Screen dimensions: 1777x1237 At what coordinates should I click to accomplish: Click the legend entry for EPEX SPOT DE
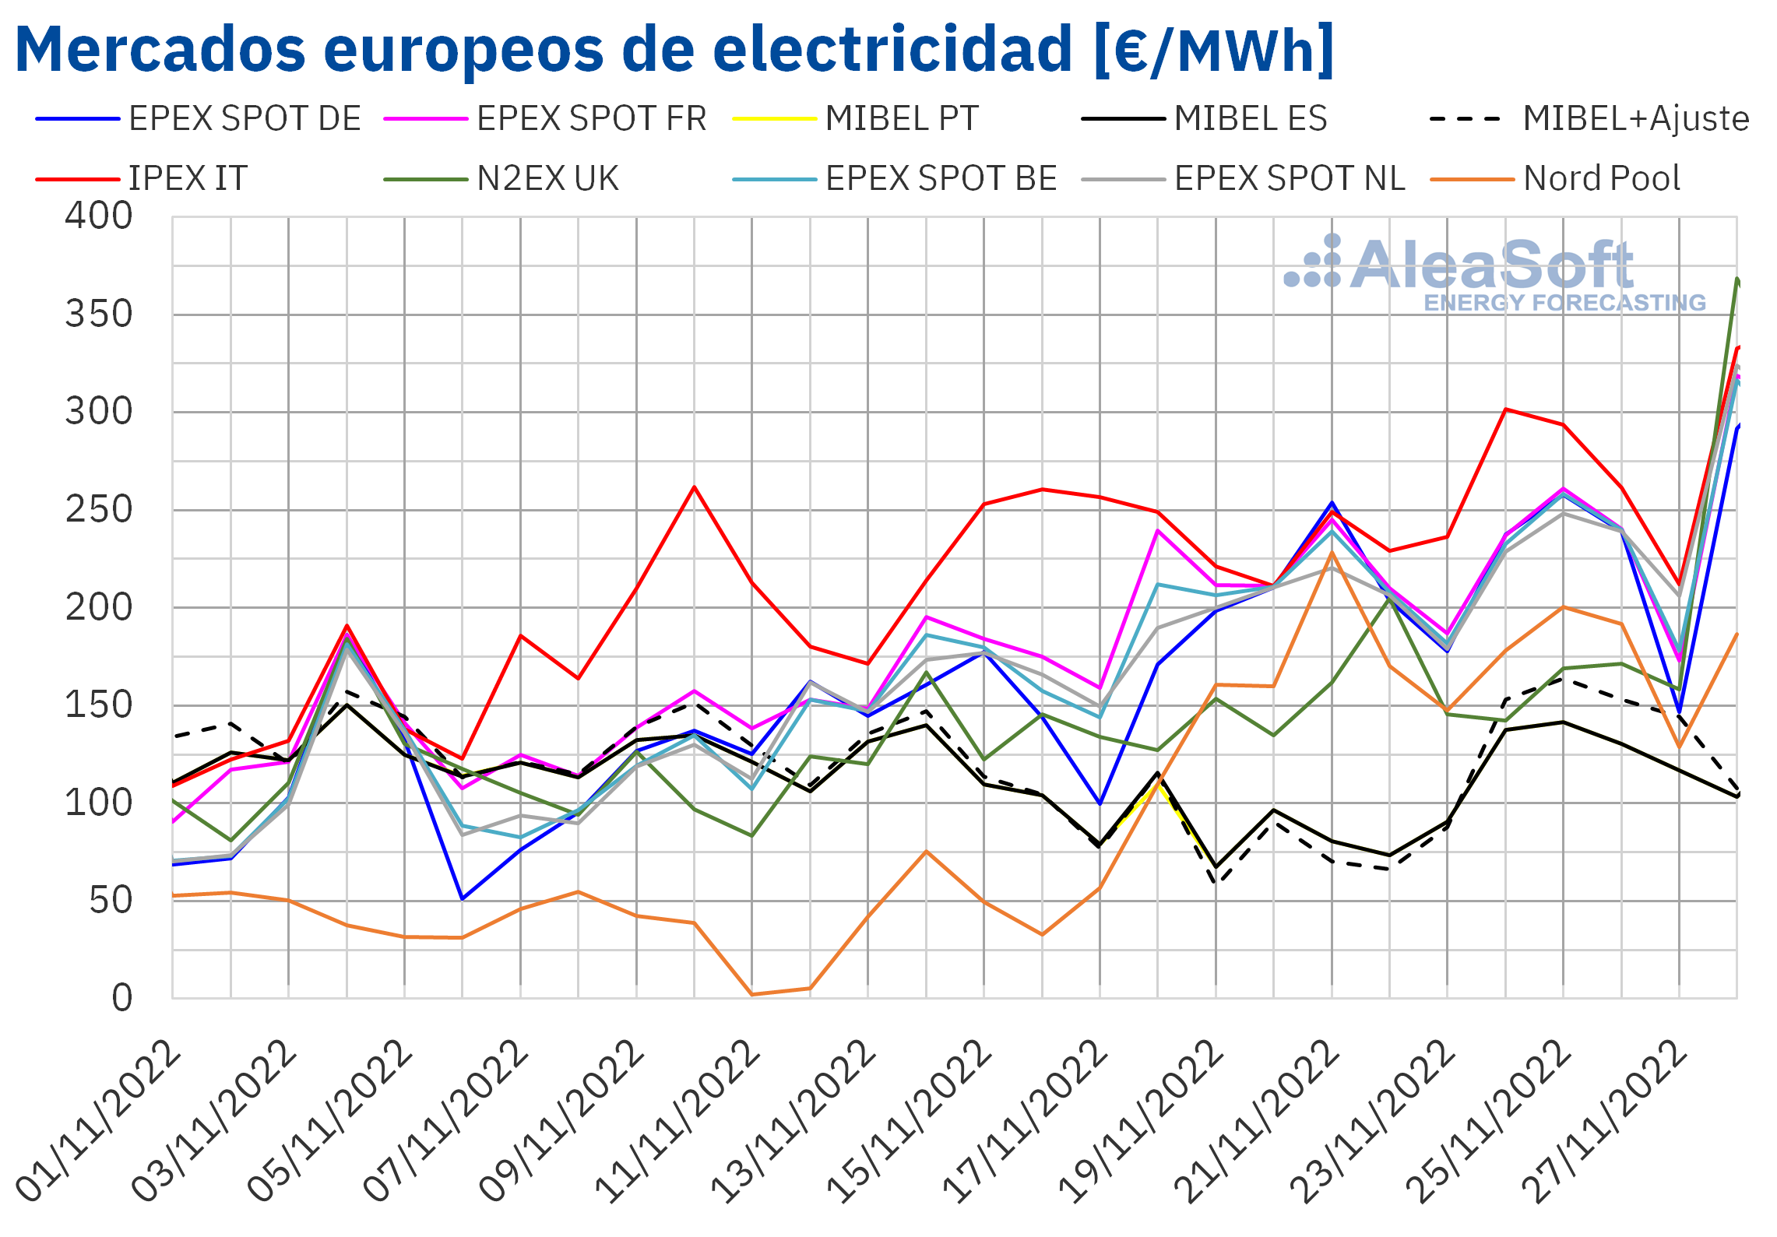[x=199, y=119]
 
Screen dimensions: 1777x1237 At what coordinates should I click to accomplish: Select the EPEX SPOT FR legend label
[x=545, y=119]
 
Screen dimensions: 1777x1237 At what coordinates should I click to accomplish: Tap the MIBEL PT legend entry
[x=856, y=119]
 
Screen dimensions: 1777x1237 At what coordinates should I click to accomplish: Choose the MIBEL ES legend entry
[x=1205, y=119]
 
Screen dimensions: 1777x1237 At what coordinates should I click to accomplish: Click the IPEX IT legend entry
[x=142, y=179]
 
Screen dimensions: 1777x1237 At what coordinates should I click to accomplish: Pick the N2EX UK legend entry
[x=501, y=179]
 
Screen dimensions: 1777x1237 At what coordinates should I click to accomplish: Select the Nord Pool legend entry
[x=1555, y=179]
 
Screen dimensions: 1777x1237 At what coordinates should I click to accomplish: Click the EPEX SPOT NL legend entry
[x=1244, y=179]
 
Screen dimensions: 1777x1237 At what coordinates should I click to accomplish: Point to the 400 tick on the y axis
[x=99, y=216]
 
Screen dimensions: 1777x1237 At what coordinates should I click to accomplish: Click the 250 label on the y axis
[x=99, y=510]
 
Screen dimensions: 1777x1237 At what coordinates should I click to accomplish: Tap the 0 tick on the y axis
[x=122, y=998]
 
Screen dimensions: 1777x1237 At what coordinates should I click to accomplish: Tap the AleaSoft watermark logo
[x=1495, y=273]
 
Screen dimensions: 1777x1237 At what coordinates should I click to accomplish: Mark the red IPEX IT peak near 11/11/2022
[x=694, y=487]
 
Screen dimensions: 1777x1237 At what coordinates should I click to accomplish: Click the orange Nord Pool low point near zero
[x=752, y=994]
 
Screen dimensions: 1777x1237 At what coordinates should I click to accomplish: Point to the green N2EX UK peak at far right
[x=1737, y=279]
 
